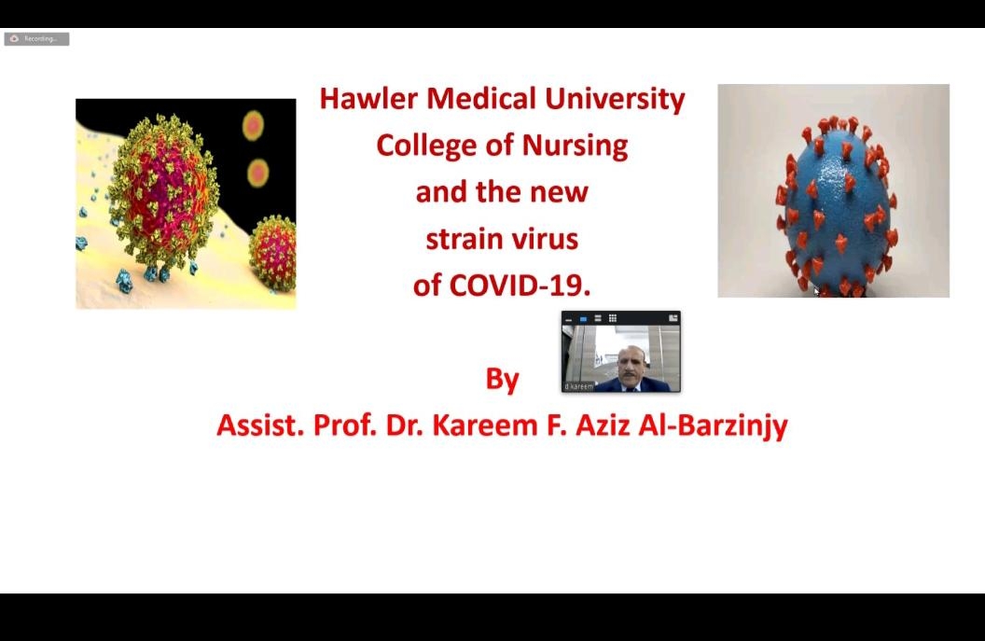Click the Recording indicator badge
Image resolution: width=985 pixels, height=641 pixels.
tap(36, 39)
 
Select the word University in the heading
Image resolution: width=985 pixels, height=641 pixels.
tap(615, 100)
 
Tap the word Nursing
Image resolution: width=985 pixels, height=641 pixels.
tap(575, 146)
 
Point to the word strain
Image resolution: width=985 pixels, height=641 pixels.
tap(464, 240)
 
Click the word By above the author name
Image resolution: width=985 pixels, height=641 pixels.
tap(502, 380)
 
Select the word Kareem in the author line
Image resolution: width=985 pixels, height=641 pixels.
tap(484, 425)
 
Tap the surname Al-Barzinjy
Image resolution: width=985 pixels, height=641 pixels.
tap(713, 426)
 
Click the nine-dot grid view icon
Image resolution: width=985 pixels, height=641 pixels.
tap(613, 318)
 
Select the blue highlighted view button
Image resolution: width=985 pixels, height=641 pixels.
tap(583, 319)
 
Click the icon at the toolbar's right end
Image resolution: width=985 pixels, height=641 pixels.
tap(673, 318)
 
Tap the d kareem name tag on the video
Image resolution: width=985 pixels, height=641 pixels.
tap(578, 386)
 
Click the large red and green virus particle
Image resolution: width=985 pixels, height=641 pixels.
tap(164, 191)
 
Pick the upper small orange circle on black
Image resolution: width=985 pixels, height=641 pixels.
tap(253, 126)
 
